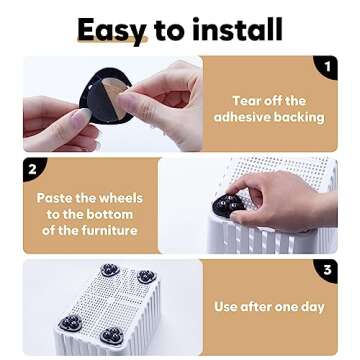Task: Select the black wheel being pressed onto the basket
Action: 229,205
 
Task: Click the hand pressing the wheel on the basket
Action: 280,195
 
